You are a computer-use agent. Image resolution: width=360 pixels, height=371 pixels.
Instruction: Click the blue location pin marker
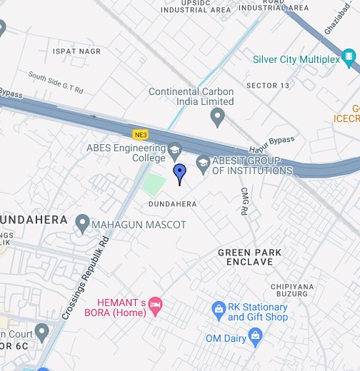coord(180,173)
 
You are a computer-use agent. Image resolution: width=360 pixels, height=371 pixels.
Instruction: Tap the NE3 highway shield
coord(139,132)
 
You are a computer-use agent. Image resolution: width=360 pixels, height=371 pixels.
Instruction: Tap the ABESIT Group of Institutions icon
coord(203,164)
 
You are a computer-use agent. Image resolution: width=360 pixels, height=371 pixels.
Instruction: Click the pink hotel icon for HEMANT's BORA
coord(156,306)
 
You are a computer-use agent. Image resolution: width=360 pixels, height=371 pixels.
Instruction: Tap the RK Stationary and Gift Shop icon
coord(219,309)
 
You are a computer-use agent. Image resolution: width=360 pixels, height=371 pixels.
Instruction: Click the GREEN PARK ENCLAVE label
coord(250,258)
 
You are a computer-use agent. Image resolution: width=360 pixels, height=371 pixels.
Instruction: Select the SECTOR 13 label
coord(268,86)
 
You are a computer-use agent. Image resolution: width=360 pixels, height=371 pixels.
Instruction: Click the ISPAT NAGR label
coord(72,52)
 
